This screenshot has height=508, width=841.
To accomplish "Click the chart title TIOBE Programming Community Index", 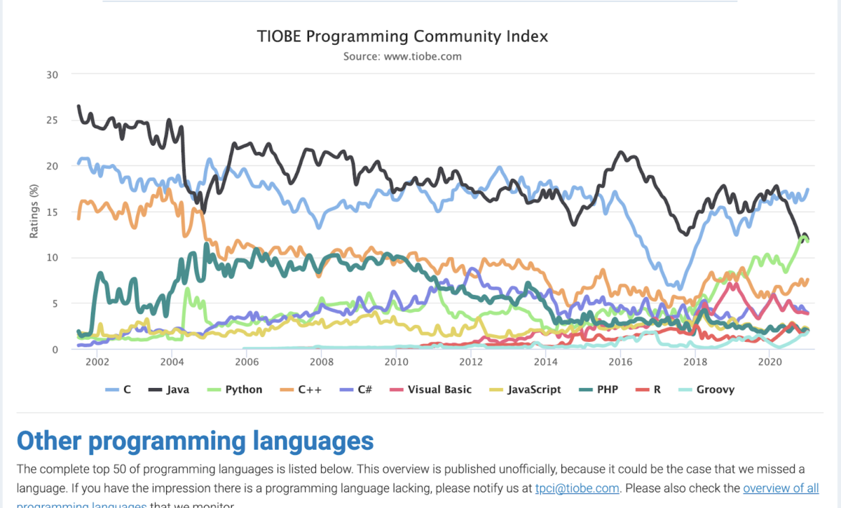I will pos(402,36).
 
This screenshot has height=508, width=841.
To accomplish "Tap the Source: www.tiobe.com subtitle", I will pos(402,56).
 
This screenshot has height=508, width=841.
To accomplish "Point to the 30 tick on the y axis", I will pos(52,75).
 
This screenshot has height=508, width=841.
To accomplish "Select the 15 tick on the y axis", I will pos(52,212).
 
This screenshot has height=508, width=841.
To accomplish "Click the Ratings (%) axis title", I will pos(34,212).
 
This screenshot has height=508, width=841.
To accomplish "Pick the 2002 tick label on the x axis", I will pos(97,362).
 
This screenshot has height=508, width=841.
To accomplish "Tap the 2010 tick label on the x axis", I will pos(396,362).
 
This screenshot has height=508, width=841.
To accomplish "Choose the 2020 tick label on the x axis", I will pos(770,362).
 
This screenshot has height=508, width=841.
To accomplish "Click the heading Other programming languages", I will pos(195,441).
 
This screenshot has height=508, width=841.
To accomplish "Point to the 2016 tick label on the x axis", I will pos(620,362).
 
